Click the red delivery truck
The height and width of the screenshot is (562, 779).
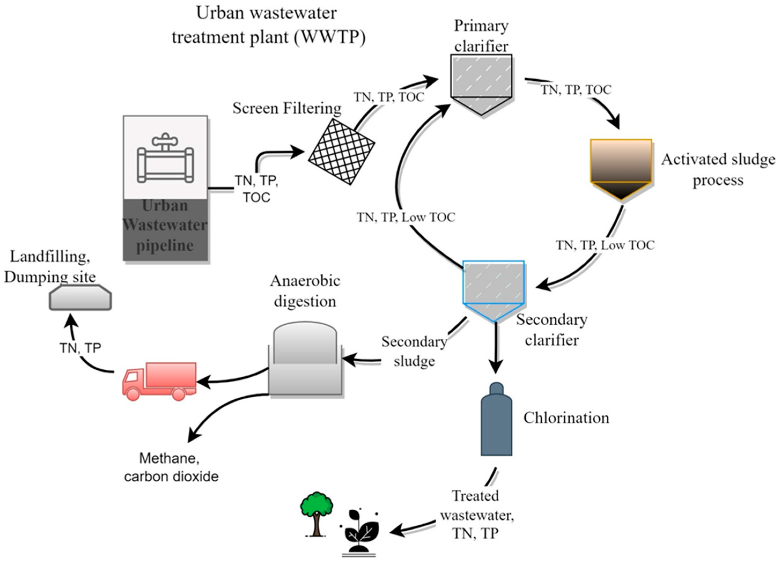point(160,381)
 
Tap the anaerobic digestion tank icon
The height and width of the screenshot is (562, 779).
point(305,360)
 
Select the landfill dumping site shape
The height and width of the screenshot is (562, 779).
point(80,298)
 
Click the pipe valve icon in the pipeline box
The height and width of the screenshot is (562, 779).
point(165,158)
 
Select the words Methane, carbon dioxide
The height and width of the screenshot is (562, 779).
point(171,467)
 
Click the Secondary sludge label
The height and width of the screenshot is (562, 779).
point(414,351)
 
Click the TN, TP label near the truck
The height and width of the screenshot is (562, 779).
point(80,348)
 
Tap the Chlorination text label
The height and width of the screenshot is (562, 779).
point(566,418)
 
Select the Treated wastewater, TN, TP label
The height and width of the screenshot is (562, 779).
point(477,515)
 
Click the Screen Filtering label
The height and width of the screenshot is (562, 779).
point(287,109)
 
